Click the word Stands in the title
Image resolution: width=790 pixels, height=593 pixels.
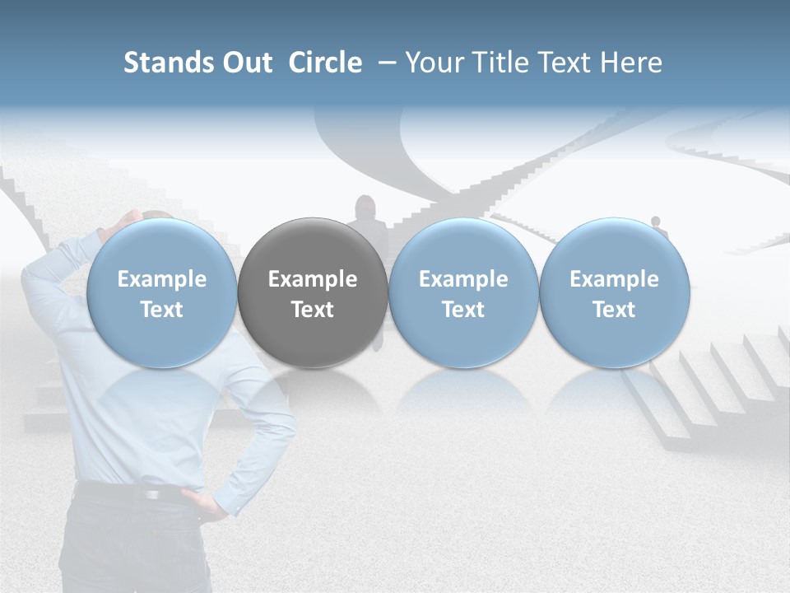point(168,63)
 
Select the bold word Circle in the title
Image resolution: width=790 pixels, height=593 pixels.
point(325,63)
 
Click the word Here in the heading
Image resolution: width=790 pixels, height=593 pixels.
point(631,63)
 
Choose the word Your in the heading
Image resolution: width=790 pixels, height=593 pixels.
point(434,63)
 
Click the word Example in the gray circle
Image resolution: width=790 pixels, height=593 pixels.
point(313,279)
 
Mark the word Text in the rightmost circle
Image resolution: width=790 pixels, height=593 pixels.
point(614,310)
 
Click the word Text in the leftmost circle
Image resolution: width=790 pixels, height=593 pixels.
point(161,310)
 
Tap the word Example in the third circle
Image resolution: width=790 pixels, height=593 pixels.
point(463,279)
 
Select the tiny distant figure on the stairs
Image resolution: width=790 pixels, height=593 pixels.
point(656,222)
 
